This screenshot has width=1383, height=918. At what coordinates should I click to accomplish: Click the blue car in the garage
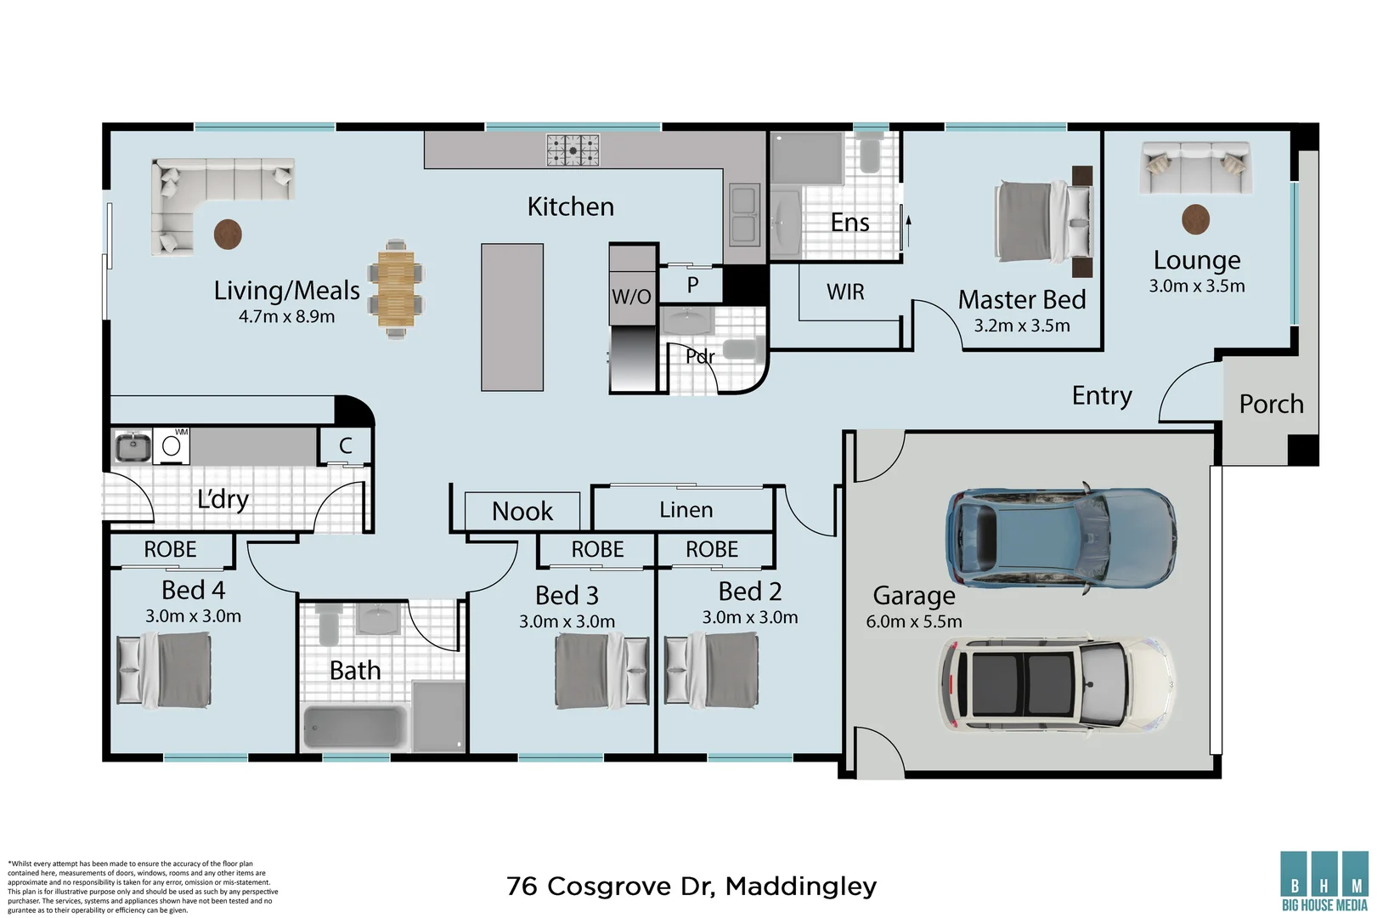click(1061, 538)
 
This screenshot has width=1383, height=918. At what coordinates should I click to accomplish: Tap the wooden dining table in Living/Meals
click(396, 289)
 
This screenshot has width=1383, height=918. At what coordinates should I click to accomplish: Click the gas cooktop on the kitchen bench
click(573, 150)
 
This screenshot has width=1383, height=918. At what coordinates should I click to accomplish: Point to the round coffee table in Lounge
click(1195, 219)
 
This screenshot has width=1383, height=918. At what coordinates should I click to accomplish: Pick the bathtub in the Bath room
click(354, 728)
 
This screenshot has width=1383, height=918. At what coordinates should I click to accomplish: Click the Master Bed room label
click(1022, 300)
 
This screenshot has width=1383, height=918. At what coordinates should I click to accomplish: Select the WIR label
click(845, 292)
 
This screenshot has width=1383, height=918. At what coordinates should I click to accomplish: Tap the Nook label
click(522, 512)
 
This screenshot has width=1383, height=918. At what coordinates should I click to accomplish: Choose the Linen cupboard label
click(686, 510)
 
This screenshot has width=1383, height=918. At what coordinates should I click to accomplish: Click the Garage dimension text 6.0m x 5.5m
click(914, 621)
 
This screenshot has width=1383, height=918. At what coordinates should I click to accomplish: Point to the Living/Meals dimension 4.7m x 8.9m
click(286, 317)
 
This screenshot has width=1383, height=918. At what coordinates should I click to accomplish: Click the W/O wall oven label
click(631, 297)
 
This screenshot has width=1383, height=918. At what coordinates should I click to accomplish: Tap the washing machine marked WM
click(171, 445)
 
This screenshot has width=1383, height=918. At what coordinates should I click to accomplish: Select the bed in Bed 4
click(164, 670)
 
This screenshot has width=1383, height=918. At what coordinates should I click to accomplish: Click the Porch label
click(1271, 404)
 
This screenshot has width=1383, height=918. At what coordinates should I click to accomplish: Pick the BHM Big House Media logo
click(1324, 881)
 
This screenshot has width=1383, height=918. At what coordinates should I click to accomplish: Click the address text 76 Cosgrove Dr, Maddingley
click(691, 887)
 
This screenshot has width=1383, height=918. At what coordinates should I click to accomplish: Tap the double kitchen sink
click(743, 214)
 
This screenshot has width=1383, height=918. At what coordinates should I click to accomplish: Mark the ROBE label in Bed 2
click(712, 549)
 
